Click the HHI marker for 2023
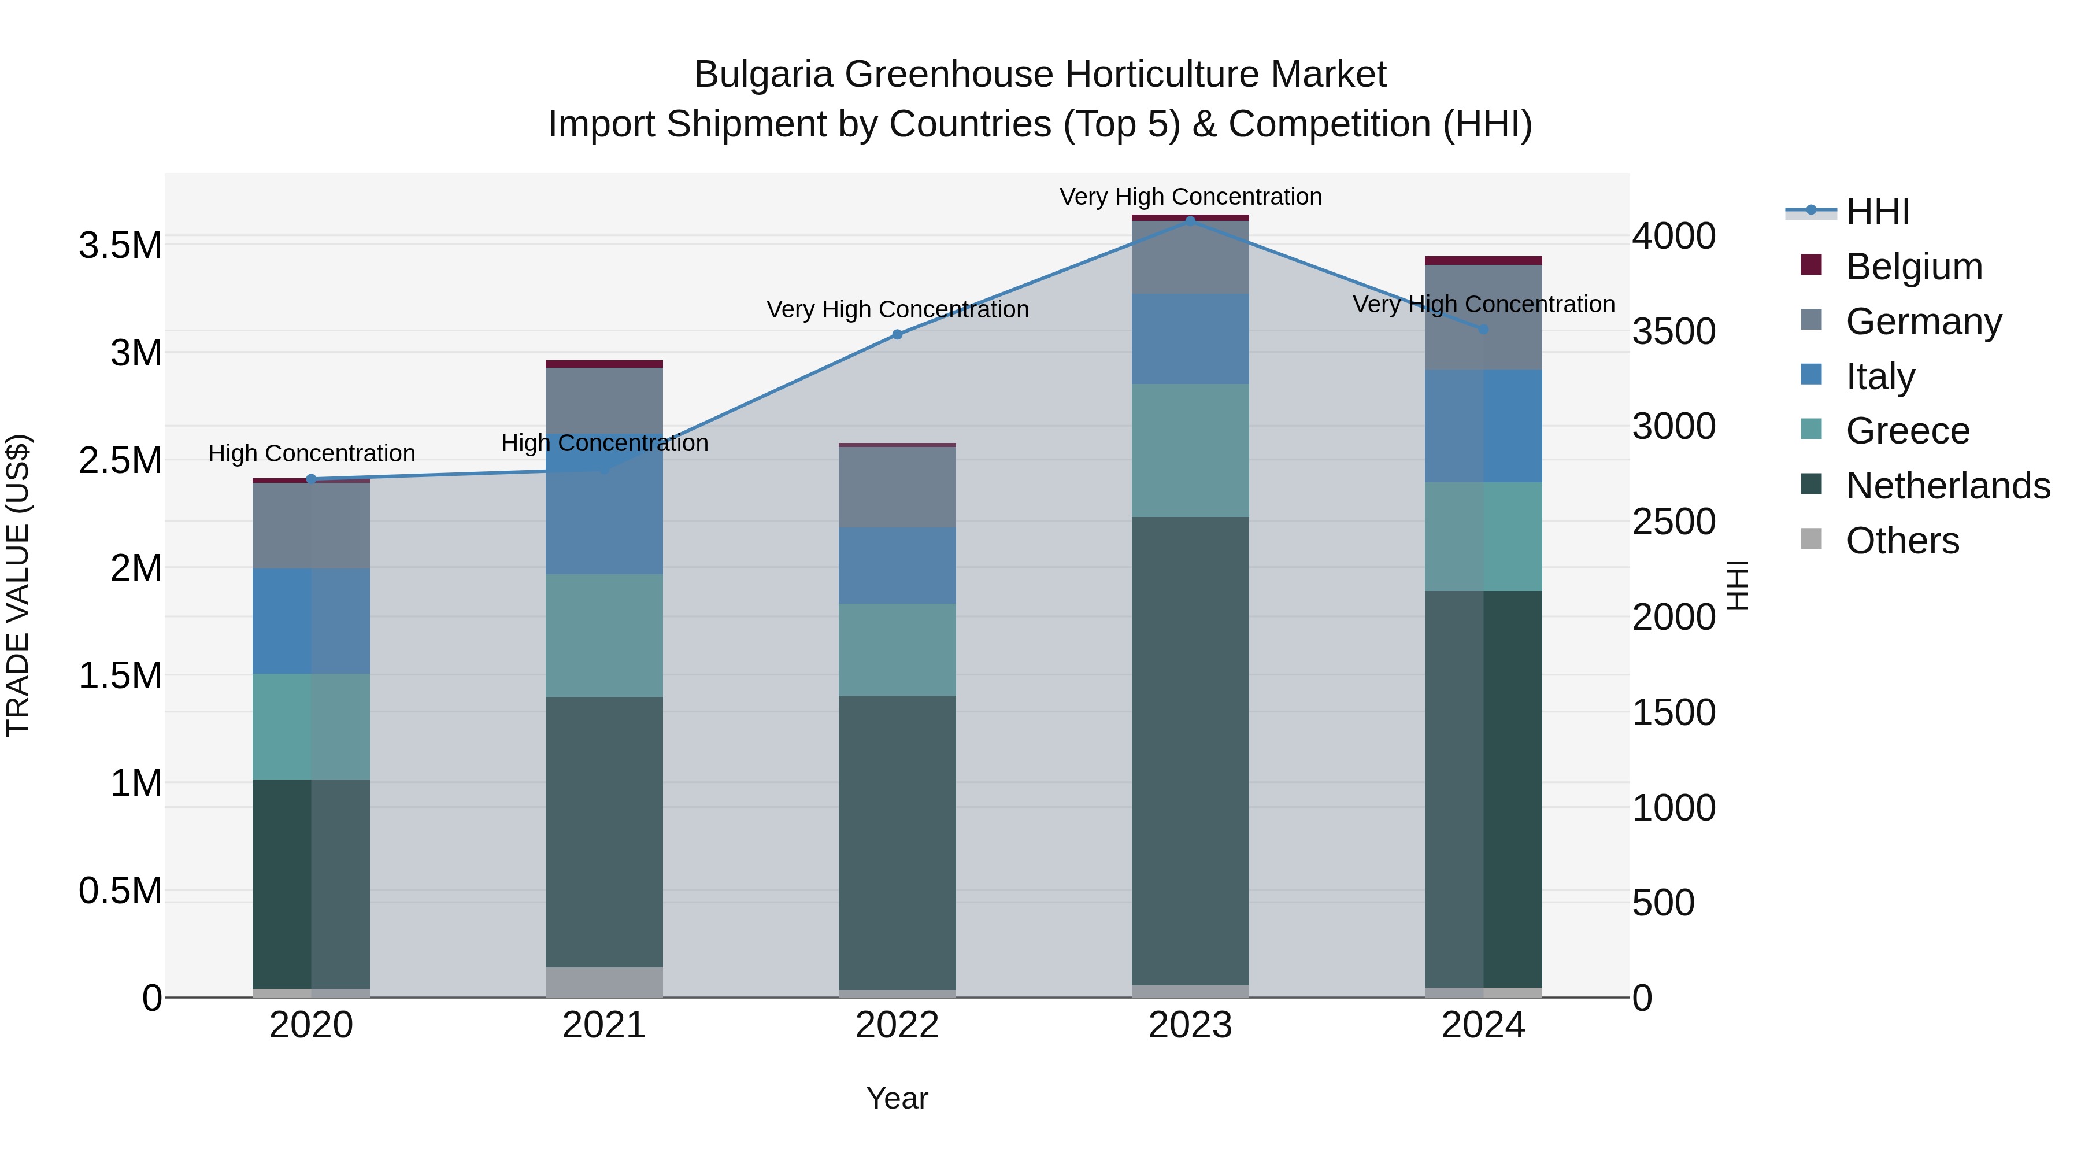point(1190,221)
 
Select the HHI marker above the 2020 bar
point(311,479)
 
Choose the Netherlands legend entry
point(1947,486)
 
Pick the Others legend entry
point(1902,541)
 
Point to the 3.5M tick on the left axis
point(120,245)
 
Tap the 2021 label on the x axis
point(603,1025)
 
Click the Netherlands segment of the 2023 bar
point(1190,752)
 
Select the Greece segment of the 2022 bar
point(897,650)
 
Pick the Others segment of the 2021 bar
point(603,982)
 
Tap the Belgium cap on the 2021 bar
point(603,364)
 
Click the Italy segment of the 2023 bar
point(1190,339)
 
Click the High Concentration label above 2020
point(312,453)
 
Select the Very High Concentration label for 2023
point(1190,197)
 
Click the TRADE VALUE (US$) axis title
point(18,585)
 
